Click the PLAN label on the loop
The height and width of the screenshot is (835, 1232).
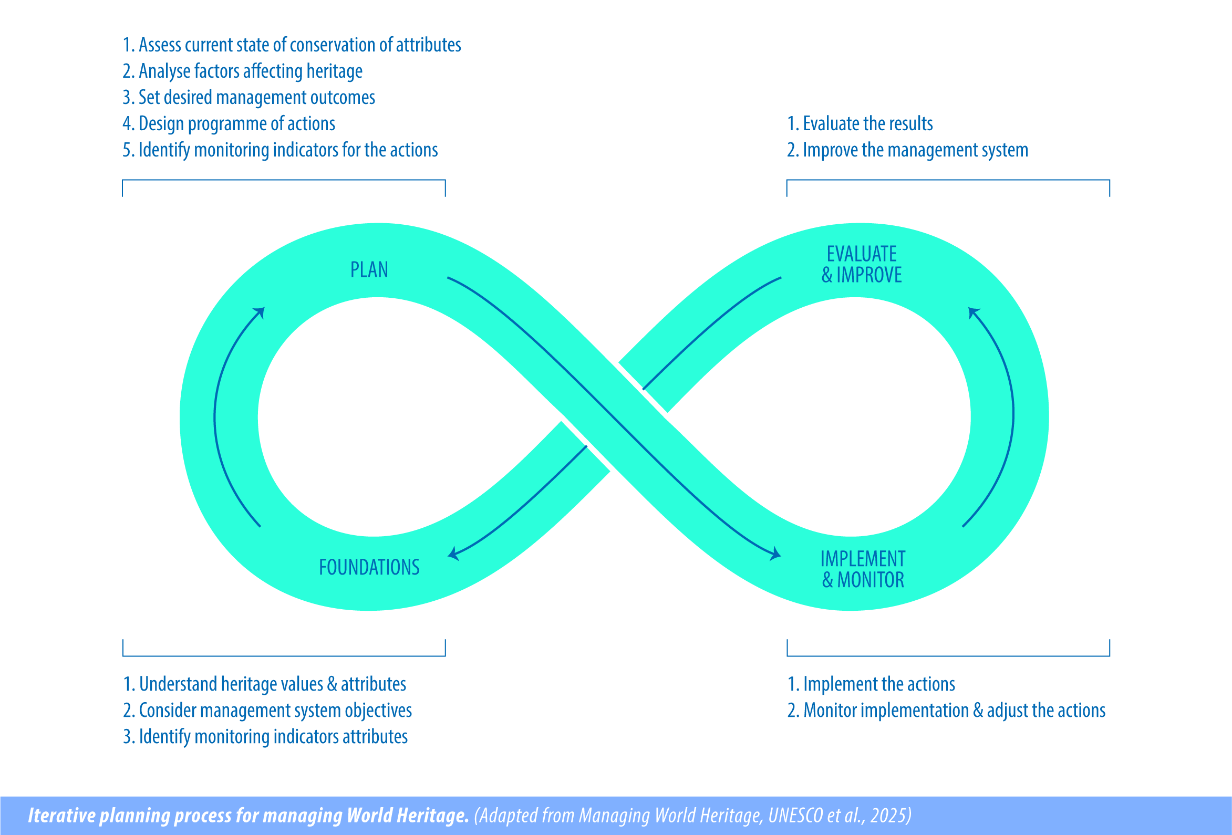[x=369, y=270]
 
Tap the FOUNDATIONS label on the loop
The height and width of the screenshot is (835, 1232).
[x=369, y=568]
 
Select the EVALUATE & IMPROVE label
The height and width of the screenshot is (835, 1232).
[x=862, y=264]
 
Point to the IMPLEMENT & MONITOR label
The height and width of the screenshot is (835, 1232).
[x=863, y=570]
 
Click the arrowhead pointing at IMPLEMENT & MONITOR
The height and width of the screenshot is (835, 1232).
[x=775, y=554]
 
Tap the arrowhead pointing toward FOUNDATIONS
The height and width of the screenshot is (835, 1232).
[x=454, y=554]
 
